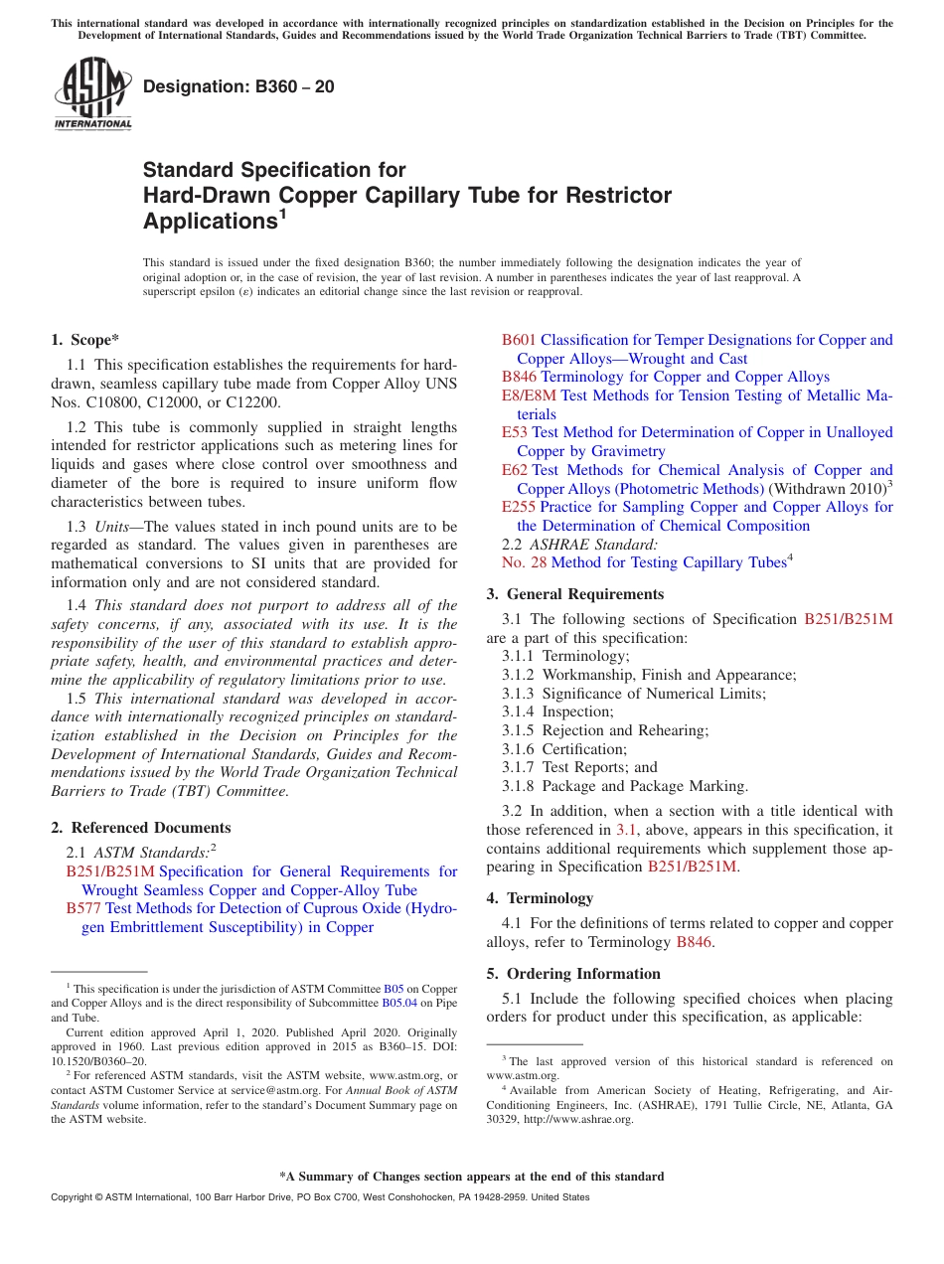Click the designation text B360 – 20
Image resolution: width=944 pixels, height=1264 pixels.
(238, 86)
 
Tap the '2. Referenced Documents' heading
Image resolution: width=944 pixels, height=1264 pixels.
(141, 828)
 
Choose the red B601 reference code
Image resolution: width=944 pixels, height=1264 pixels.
(519, 340)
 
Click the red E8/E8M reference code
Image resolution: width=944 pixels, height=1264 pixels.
(530, 395)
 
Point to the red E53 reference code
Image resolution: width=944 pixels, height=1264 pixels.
(515, 432)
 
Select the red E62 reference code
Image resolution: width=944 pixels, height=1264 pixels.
(515, 470)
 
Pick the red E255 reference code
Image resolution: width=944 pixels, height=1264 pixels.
(519, 507)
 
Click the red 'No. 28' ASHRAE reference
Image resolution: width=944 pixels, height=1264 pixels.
(524, 562)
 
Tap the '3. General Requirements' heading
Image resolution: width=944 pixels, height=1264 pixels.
(574, 594)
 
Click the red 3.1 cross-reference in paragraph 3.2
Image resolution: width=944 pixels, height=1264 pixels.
(627, 830)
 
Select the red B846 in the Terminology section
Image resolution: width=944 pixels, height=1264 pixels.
(694, 942)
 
